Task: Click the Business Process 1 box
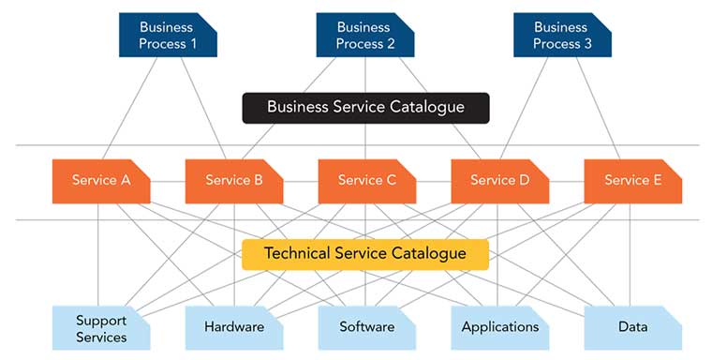tap(168, 36)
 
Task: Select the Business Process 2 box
tap(364, 36)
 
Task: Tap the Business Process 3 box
tap(561, 36)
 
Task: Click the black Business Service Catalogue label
tap(365, 107)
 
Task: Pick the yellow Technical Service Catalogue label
tap(365, 254)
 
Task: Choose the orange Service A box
tap(100, 180)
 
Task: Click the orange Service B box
tap(233, 180)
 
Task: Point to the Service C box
tap(366, 180)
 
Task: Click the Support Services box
tap(100, 328)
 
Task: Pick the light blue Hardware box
tap(233, 328)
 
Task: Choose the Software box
tap(366, 328)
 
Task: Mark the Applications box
tap(499, 328)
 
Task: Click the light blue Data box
tap(632, 328)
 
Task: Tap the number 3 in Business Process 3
tap(587, 44)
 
